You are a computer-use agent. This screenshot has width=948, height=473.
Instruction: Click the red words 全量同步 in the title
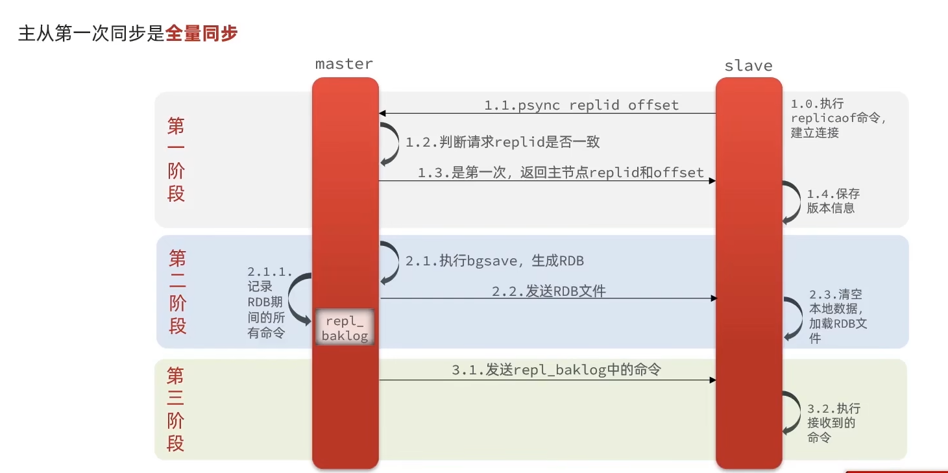[201, 33]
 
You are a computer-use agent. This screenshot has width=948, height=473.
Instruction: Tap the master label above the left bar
[344, 64]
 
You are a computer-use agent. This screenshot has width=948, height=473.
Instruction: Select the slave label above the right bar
[748, 66]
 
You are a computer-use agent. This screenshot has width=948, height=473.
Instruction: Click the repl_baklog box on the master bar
[345, 328]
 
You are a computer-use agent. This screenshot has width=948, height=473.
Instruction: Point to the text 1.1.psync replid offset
[581, 105]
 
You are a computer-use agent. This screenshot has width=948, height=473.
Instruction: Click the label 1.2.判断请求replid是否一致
[507, 141]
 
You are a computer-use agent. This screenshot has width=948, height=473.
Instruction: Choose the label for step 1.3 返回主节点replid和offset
[561, 173]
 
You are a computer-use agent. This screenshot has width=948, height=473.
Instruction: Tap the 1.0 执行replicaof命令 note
[838, 118]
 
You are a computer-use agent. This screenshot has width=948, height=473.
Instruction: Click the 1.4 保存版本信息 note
[834, 201]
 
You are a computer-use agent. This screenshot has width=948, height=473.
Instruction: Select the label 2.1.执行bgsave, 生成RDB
[494, 261]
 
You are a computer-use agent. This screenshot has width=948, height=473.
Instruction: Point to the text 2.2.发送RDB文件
[548, 291]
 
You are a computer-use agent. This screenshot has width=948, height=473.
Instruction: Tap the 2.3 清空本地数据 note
[838, 316]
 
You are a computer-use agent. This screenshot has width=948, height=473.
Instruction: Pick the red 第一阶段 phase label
[176, 160]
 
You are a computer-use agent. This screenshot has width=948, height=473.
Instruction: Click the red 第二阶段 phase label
[177, 292]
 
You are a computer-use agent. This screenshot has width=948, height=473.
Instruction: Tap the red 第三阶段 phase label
[175, 409]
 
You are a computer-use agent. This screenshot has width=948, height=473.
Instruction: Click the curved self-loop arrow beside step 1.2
[391, 142]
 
